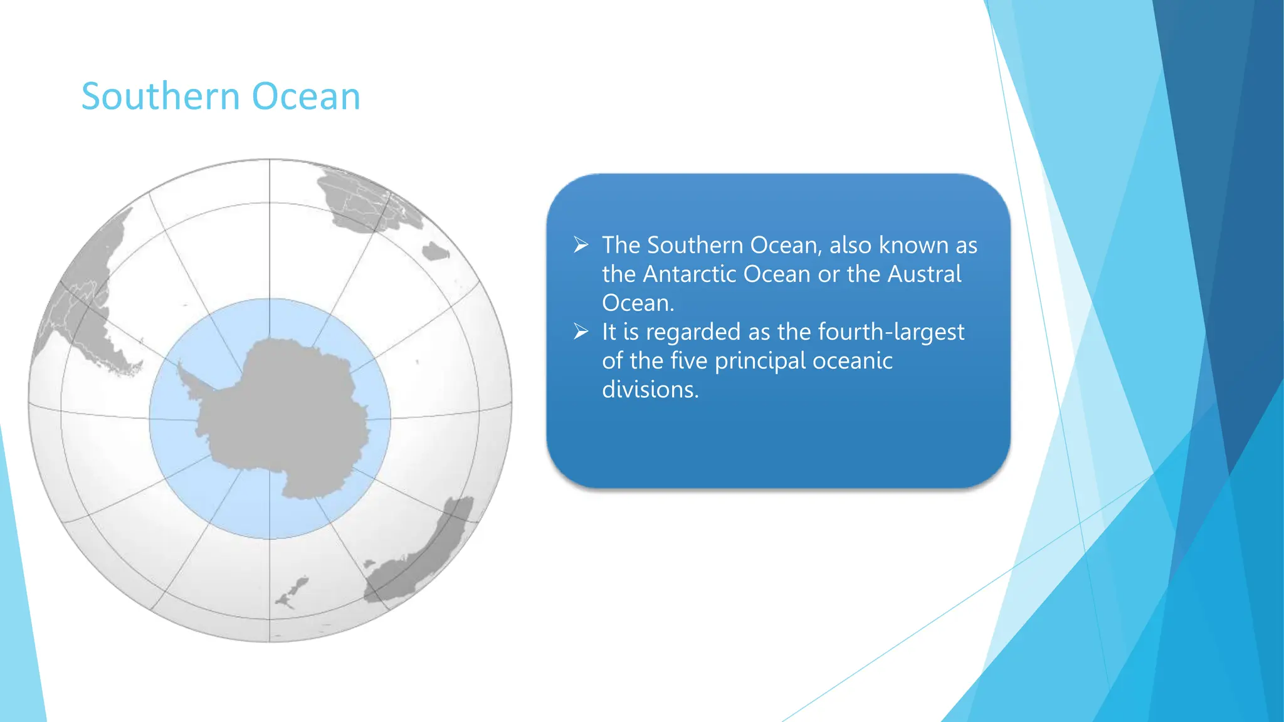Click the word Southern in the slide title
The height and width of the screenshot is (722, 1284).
160,97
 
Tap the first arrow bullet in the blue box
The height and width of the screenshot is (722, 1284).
581,245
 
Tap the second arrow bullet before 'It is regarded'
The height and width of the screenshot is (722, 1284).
581,332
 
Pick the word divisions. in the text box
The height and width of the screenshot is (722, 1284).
650,390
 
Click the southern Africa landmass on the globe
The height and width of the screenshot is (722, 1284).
357,201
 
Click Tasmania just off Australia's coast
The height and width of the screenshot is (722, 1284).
369,564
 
